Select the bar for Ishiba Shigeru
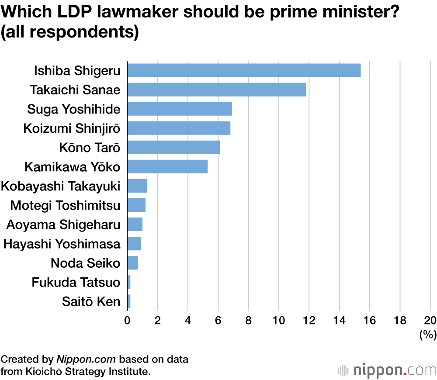pos(244,70)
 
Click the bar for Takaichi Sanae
pos(216,90)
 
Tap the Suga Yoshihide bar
pos(179,109)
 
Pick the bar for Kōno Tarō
pos(173,147)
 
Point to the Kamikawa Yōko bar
pos(167,166)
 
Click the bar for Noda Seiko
pos(132,263)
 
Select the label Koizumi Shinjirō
pos(72,128)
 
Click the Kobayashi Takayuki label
pos(61,186)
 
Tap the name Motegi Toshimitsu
pos(65,205)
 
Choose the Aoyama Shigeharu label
pos(63,225)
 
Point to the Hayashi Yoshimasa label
pos(62,244)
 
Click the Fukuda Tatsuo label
pos(76,282)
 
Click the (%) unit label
pos(428,335)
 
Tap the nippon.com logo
pos(387,370)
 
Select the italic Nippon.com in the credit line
pos(86,359)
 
